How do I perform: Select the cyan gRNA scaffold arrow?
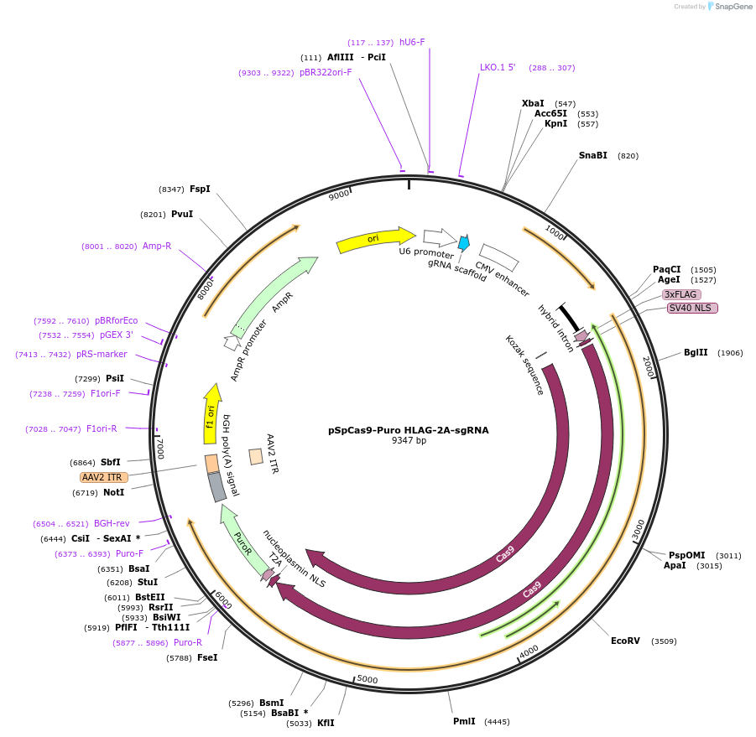point(463,244)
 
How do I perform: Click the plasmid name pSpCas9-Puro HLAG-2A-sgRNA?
point(408,430)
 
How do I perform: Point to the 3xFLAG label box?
point(680,294)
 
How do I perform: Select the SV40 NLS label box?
point(692,308)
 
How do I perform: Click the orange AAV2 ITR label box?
point(104,477)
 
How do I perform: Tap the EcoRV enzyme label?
point(625,641)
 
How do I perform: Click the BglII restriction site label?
point(696,353)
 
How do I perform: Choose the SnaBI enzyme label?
point(592,155)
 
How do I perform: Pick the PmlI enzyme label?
point(464,721)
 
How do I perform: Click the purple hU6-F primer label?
point(412,42)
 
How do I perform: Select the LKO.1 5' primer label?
point(498,67)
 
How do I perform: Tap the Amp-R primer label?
point(157,246)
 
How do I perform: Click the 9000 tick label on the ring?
point(339,195)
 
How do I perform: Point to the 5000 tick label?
point(368,679)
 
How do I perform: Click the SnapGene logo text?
point(732,7)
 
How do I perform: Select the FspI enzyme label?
point(200,189)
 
